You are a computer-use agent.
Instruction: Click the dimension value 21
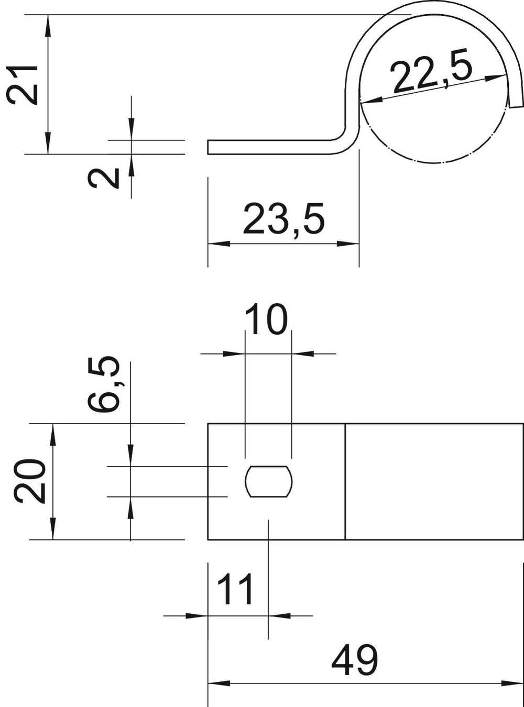(x=21, y=84)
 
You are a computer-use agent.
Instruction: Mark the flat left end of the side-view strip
(x=208, y=147)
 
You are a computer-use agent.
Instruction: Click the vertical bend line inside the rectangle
(x=345, y=482)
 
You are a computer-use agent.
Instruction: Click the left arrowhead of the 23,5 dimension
(x=219, y=244)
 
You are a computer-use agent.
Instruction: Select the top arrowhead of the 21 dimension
(x=48, y=26)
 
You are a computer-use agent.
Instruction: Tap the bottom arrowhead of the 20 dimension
(x=53, y=528)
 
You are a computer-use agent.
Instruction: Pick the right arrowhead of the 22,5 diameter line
(x=495, y=78)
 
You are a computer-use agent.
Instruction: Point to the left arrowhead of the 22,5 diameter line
(x=371, y=101)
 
